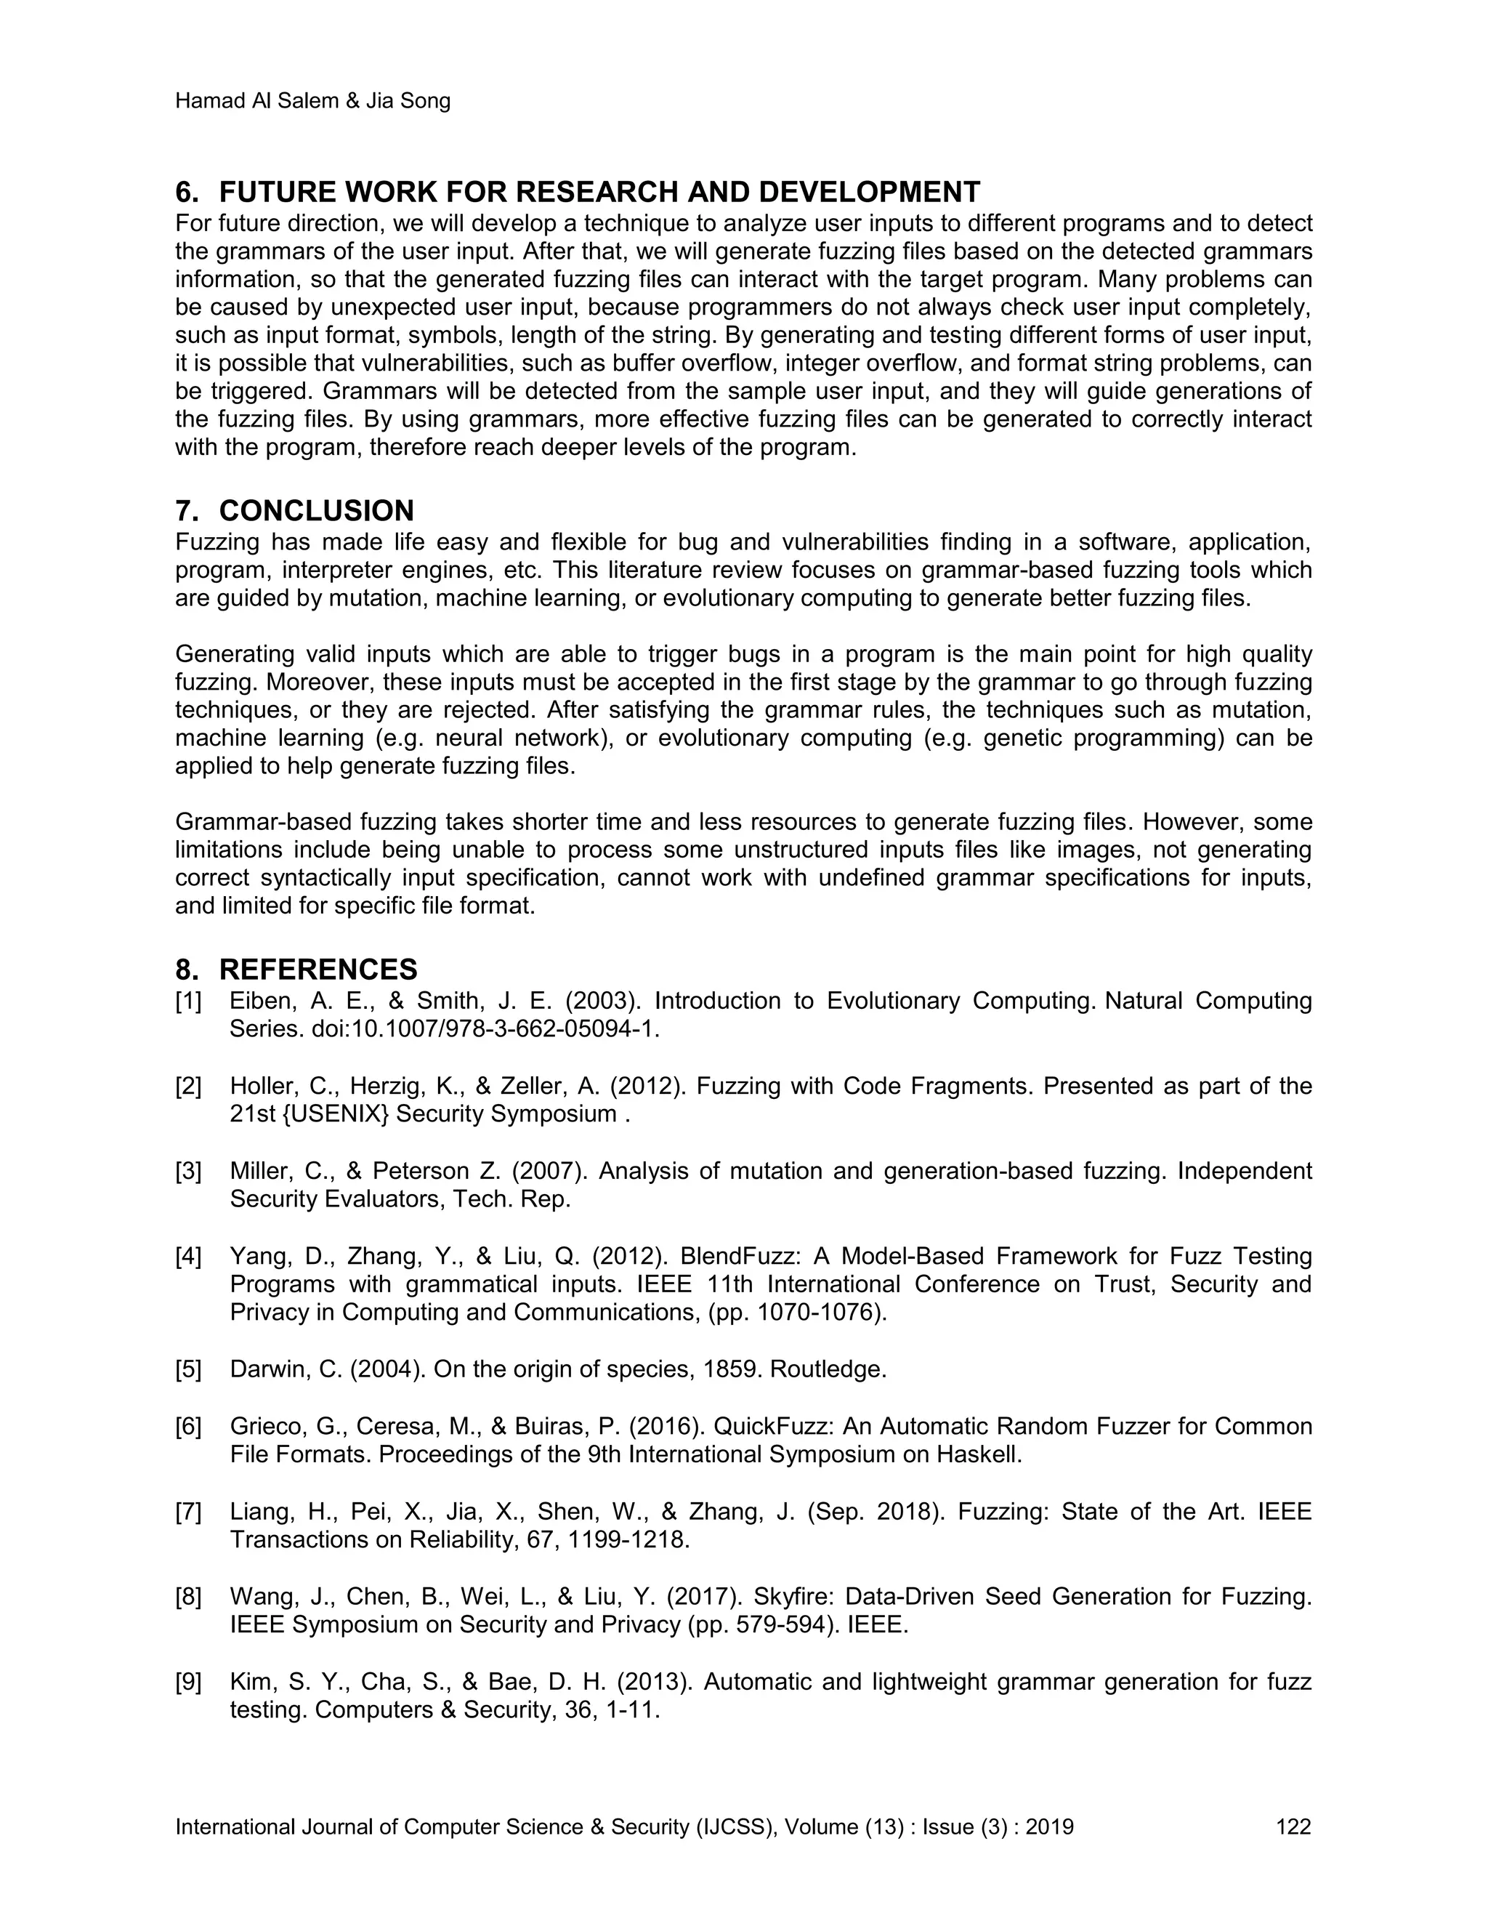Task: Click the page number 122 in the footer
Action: [x=1293, y=1826]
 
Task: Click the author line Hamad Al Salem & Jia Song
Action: [x=313, y=102]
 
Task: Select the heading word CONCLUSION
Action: [x=317, y=511]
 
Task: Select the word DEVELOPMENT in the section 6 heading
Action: [x=869, y=193]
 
